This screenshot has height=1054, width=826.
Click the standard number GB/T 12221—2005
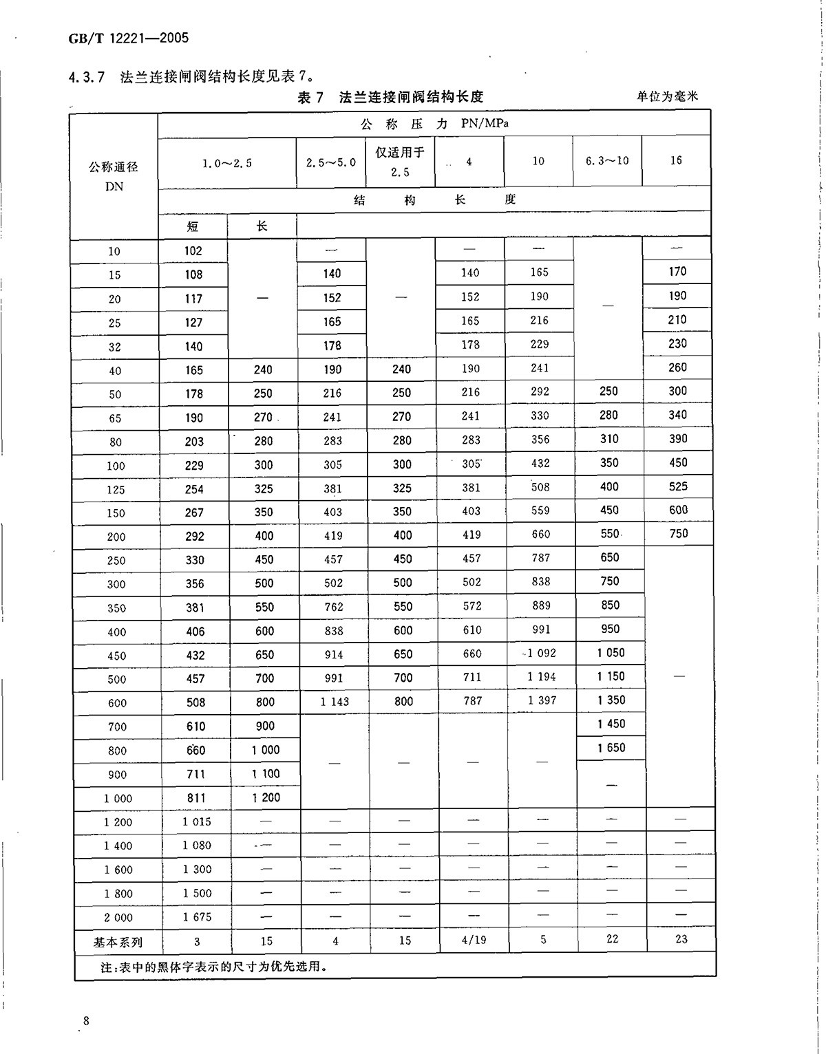click(x=128, y=38)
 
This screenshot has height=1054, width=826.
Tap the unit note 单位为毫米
click(x=667, y=96)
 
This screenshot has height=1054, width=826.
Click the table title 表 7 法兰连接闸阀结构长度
click(x=390, y=97)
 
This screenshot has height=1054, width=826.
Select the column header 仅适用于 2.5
click(x=400, y=162)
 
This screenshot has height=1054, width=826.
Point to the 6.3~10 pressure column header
click(x=607, y=161)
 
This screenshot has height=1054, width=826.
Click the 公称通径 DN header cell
click(x=114, y=176)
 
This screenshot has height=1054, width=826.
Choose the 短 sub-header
click(x=193, y=226)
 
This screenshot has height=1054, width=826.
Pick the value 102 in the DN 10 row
click(x=193, y=250)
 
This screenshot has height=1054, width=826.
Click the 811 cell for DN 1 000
click(x=195, y=798)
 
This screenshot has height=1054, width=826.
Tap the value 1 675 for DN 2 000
click(x=197, y=917)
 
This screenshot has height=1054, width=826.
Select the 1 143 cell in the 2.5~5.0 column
click(x=335, y=702)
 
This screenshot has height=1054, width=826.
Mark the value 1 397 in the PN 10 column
click(x=542, y=700)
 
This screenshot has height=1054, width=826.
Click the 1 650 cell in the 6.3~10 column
click(x=611, y=748)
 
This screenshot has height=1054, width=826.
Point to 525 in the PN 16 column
click(x=678, y=486)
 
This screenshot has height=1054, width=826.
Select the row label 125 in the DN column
click(x=116, y=490)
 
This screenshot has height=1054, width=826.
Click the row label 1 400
click(x=118, y=846)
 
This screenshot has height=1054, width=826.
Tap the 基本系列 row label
click(x=118, y=942)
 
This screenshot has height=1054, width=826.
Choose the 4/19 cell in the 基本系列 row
click(x=472, y=940)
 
